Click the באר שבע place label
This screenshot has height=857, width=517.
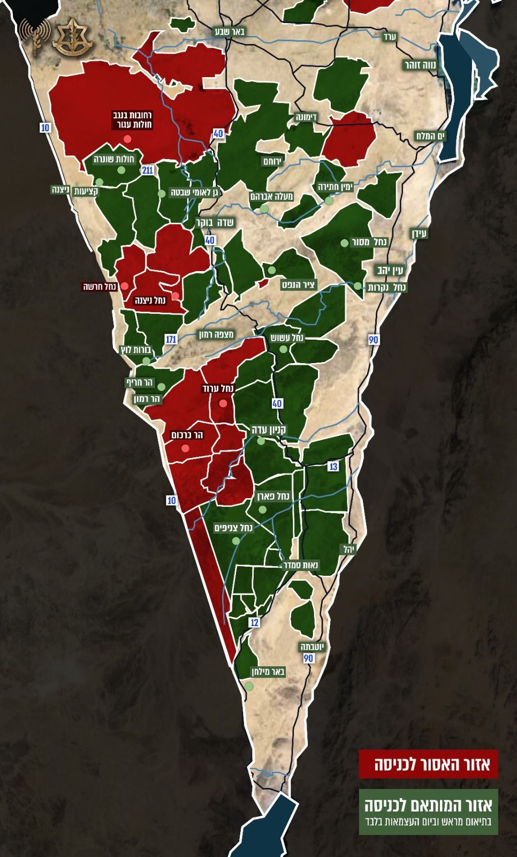231,31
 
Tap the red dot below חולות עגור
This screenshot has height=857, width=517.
127,139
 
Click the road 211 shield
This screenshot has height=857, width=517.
148,170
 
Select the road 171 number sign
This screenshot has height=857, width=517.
171,340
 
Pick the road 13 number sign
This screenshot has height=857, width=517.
333,467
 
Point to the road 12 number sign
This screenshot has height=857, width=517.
254,622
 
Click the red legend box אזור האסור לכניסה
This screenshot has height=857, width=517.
429,765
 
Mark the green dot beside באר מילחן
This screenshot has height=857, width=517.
249,686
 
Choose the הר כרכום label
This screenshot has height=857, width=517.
186,435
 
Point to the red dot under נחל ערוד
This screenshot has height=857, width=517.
223,403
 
